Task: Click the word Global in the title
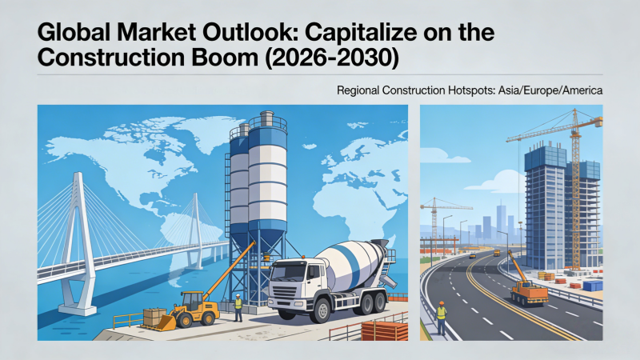click(74, 32)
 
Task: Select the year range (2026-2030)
click(332, 58)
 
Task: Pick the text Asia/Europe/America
click(550, 90)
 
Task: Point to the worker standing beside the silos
click(238, 307)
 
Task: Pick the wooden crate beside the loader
click(154, 317)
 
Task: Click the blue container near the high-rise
click(593, 286)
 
